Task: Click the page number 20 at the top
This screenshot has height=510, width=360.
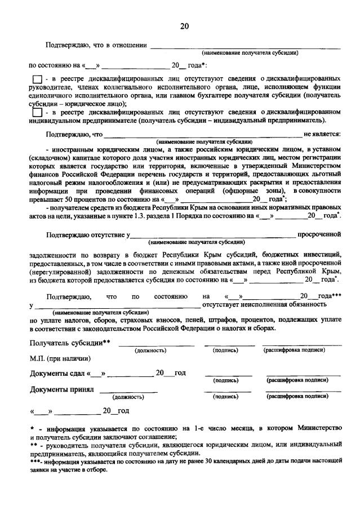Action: point(184,26)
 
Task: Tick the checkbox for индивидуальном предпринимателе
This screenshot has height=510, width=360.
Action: point(37,112)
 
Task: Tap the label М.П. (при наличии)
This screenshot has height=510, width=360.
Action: point(60,358)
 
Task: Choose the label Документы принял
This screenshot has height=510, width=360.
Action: point(62,389)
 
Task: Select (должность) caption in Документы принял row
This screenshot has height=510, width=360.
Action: point(128,397)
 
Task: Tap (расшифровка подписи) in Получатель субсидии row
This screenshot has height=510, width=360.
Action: point(294,351)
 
